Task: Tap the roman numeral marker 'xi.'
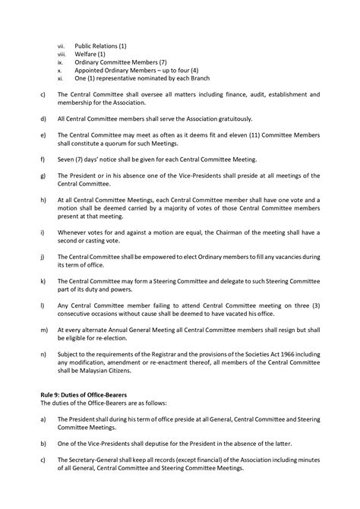(61, 78)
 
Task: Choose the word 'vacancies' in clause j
(274, 254)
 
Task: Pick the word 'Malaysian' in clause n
(99, 375)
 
